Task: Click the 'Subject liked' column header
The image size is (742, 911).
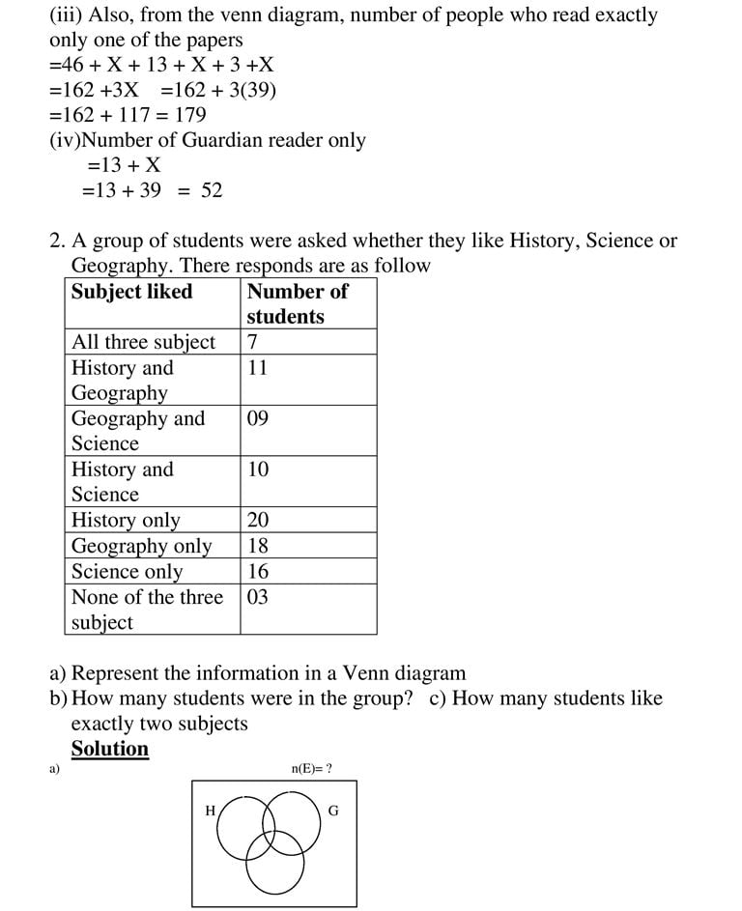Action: (x=131, y=292)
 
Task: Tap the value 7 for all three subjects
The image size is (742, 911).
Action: (x=253, y=342)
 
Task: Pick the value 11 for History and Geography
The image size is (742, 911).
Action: (x=257, y=368)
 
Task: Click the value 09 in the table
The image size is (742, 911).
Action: (x=258, y=418)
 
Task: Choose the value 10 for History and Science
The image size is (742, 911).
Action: (x=258, y=470)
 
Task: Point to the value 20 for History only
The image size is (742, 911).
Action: (x=258, y=520)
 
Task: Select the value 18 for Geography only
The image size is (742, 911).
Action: (x=258, y=546)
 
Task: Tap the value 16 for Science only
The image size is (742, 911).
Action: (x=258, y=571)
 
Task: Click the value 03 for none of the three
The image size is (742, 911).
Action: (x=258, y=597)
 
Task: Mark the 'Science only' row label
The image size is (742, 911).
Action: (x=127, y=571)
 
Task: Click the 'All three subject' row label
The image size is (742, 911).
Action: (x=144, y=342)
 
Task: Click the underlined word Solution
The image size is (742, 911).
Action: (x=110, y=749)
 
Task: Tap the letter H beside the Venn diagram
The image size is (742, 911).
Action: (x=210, y=811)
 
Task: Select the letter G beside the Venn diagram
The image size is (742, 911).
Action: (x=333, y=811)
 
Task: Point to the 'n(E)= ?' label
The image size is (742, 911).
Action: (x=311, y=769)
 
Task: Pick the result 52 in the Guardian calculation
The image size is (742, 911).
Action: (x=212, y=190)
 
